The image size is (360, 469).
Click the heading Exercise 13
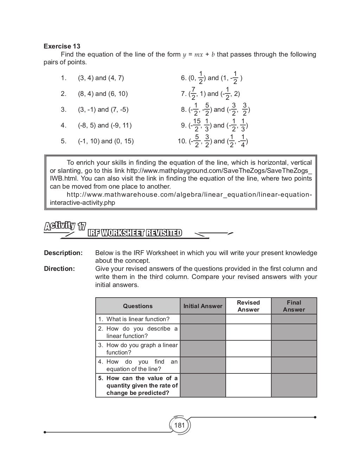coord(62,46)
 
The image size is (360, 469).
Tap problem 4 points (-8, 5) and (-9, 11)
coord(105,125)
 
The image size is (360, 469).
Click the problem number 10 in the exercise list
coord(182,141)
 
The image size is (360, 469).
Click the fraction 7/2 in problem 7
coord(193,94)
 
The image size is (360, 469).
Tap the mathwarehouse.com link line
coord(189,195)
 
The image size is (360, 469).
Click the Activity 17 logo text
coord(65,226)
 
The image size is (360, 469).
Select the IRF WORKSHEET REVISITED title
coord(135,233)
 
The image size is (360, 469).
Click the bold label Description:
coord(63,253)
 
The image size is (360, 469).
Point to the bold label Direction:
coord(59,269)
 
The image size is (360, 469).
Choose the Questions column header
coord(138,306)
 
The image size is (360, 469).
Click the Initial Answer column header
coord(203,306)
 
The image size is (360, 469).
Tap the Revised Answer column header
coord(248,306)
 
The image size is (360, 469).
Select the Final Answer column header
coord(294,306)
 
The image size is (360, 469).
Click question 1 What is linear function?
coord(137,319)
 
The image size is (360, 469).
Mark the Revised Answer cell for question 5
coord(248,385)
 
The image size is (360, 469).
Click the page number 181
coord(179,425)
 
